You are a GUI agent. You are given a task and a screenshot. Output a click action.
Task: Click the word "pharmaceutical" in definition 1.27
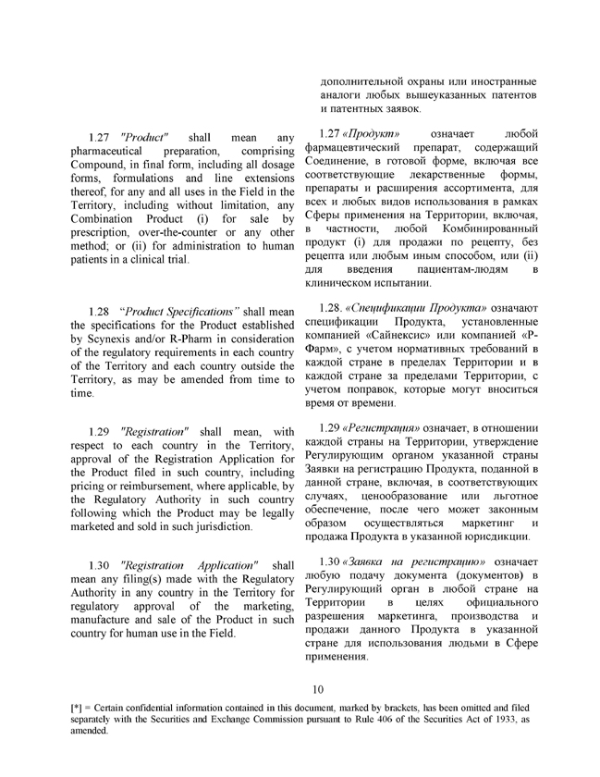tap(107, 150)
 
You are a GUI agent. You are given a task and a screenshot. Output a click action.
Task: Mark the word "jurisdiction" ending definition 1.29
tap(217, 526)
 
